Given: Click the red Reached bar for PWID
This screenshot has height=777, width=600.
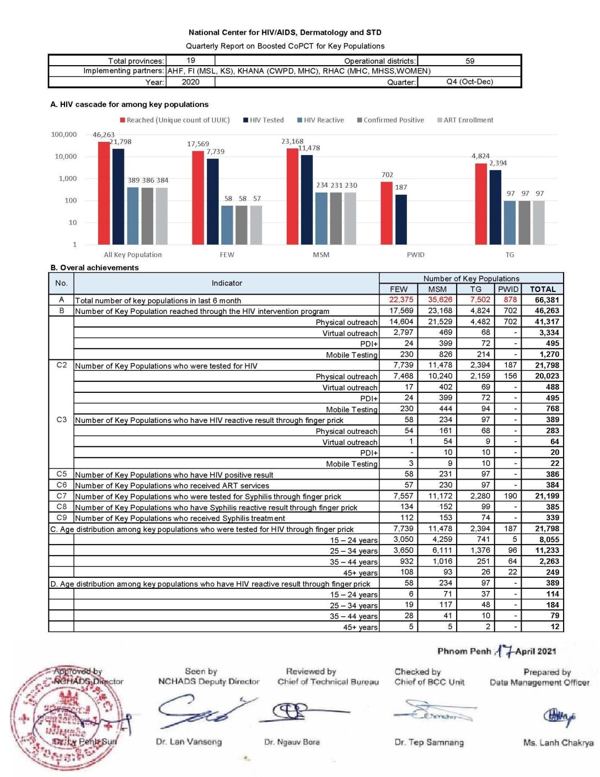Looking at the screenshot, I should coord(387,213).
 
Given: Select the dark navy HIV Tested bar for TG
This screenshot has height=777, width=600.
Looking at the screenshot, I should coord(495,207).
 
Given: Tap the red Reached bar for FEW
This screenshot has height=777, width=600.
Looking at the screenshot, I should coord(198,198).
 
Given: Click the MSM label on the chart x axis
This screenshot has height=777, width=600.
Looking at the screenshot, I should coord(321,255).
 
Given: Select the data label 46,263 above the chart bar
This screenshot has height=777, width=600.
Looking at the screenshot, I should coord(104,135).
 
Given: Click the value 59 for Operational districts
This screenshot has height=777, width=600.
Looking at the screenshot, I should coord(470,61).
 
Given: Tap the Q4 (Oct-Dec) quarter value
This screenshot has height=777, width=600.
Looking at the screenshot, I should coord(469,82).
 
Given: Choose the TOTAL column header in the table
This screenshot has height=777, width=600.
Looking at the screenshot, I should coord(543,289).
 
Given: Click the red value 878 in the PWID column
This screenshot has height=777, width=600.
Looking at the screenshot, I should coord(510,300).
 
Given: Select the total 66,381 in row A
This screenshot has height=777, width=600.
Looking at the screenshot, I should coord(547,300).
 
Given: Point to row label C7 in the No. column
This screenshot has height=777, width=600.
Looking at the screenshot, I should coord(61,496).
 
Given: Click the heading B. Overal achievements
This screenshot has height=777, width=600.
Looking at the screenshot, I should coord(94,268).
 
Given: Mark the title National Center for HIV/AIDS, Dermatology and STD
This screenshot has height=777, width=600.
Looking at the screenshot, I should coord(285,33).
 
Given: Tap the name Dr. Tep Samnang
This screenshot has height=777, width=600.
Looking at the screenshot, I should coord(429,742).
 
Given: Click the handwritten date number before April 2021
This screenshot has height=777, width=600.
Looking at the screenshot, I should coord(505,651).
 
